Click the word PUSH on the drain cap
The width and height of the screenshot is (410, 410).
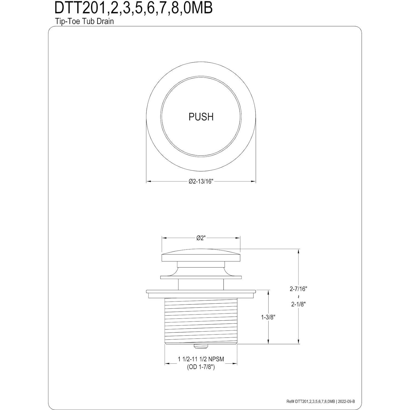point(201,117)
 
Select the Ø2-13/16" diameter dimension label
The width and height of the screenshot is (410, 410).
point(201,181)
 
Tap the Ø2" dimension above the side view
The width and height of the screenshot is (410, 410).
point(201,238)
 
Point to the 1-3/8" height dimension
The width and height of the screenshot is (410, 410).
point(268,317)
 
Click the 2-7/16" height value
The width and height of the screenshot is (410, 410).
point(298,289)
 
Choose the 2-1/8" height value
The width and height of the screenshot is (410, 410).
point(298,304)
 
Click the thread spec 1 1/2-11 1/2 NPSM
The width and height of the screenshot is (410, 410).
point(201,359)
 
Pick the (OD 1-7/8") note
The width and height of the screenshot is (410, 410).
point(201,367)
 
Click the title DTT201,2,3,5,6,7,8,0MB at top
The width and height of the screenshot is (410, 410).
point(133,8)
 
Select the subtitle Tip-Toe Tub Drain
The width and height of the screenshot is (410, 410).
point(84,21)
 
